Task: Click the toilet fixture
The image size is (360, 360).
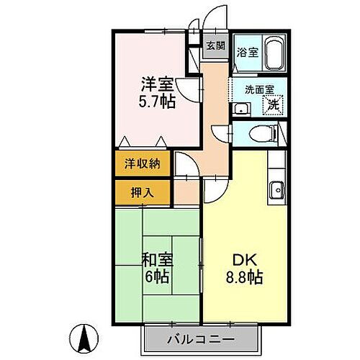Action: [263, 132]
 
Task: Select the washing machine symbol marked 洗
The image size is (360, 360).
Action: [274, 105]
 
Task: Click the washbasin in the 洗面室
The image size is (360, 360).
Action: [240, 109]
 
